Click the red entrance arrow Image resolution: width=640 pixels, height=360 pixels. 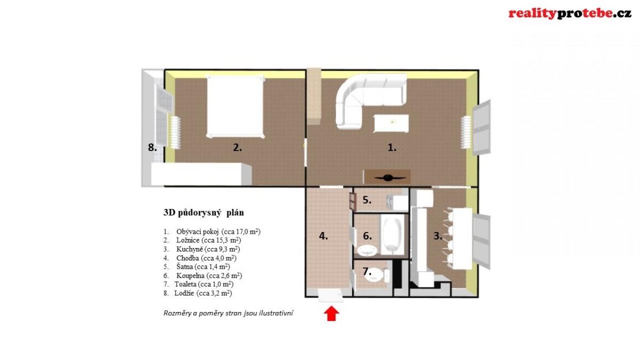coord(331,314)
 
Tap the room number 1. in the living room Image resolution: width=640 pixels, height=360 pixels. coord(392,147)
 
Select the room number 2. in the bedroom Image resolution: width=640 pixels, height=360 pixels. coord(237,147)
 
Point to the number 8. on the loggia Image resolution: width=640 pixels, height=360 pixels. coord(153,147)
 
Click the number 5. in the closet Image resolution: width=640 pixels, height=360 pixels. coord(367,200)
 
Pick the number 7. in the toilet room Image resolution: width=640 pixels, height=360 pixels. coord(367,271)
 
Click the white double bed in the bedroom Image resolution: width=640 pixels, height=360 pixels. coord(235,106)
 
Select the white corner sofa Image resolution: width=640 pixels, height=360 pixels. coord(371,101)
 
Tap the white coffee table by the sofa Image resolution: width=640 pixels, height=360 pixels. coord(391,123)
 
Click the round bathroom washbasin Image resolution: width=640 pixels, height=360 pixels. coord(367,251)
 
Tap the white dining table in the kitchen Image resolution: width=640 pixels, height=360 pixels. coord(462,238)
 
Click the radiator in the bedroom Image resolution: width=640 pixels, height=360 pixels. coord(175,132)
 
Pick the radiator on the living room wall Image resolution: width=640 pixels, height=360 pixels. coord(466,132)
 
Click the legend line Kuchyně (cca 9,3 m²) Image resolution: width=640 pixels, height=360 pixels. coord(202,249)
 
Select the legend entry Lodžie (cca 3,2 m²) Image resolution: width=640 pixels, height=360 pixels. coord(198,293)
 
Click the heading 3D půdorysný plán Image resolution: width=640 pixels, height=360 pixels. coord(204,213)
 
